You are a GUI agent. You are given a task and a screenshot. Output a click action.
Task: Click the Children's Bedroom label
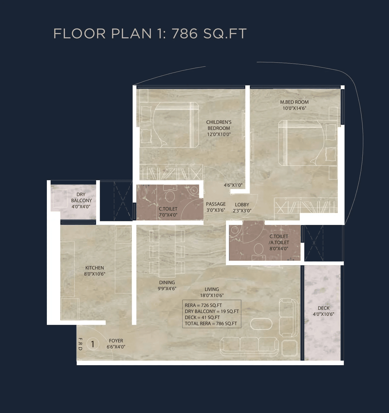(x=219, y=125)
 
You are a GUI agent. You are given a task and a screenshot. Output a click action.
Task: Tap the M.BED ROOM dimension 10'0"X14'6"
(x=294, y=108)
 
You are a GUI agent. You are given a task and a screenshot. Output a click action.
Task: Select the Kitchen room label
(x=94, y=268)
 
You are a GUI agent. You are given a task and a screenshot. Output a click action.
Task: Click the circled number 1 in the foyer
(x=93, y=344)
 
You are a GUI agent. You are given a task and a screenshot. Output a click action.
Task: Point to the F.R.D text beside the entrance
(x=80, y=344)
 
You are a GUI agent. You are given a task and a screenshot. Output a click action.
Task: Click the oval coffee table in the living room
(x=261, y=324)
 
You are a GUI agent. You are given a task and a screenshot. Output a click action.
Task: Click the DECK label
(x=323, y=308)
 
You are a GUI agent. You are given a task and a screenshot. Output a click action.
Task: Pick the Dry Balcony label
(x=81, y=197)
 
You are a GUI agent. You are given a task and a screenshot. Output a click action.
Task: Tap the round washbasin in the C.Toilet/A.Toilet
(x=235, y=230)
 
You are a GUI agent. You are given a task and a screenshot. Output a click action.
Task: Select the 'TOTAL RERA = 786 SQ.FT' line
(x=211, y=323)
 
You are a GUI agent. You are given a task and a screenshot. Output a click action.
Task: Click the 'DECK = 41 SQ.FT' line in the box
(x=202, y=317)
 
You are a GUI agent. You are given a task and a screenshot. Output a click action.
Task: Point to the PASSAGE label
(x=216, y=204)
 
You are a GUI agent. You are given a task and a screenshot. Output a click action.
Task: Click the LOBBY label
(x=242, y=205)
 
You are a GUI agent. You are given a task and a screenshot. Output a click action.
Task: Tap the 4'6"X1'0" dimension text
(x=233, y=185)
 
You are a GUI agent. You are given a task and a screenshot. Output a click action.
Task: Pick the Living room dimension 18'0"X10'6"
(x=212, y=295)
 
